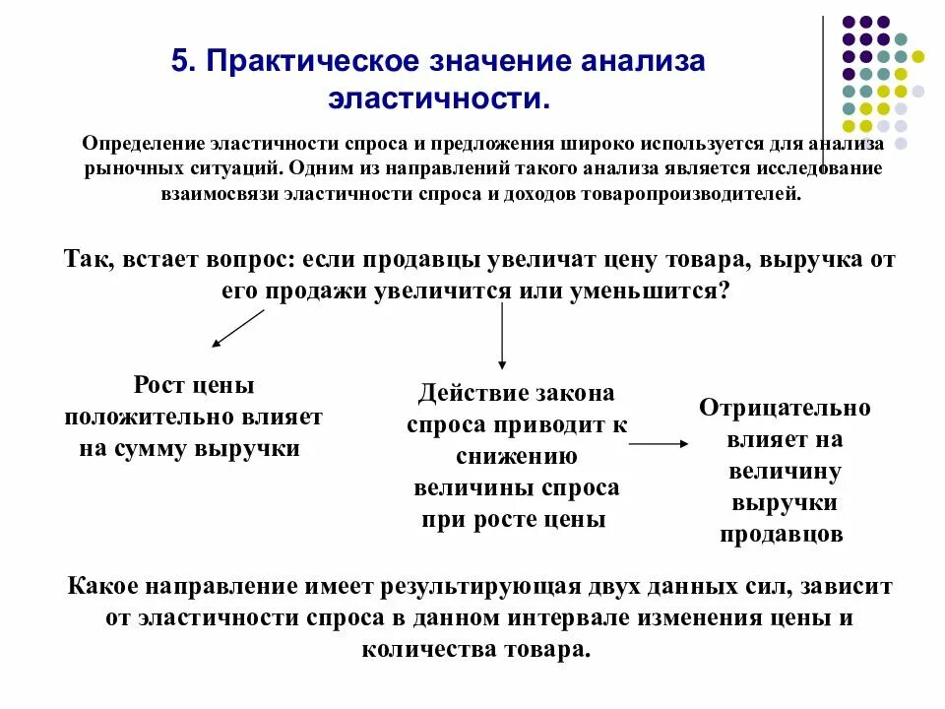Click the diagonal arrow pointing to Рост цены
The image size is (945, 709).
tap(238, 328)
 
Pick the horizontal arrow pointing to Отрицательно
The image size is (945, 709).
tap(659, 444)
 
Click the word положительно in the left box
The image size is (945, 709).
tap(148, 416)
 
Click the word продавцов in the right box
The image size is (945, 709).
tap(782, 535)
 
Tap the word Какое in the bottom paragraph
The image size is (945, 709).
tap(103, 586)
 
